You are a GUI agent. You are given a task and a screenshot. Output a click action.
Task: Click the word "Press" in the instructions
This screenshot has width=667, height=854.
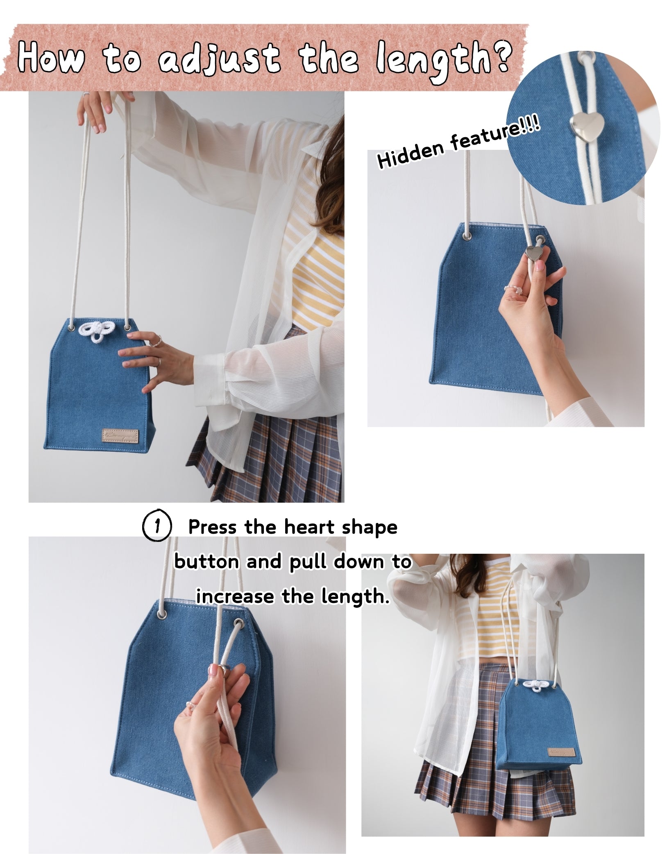212,527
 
